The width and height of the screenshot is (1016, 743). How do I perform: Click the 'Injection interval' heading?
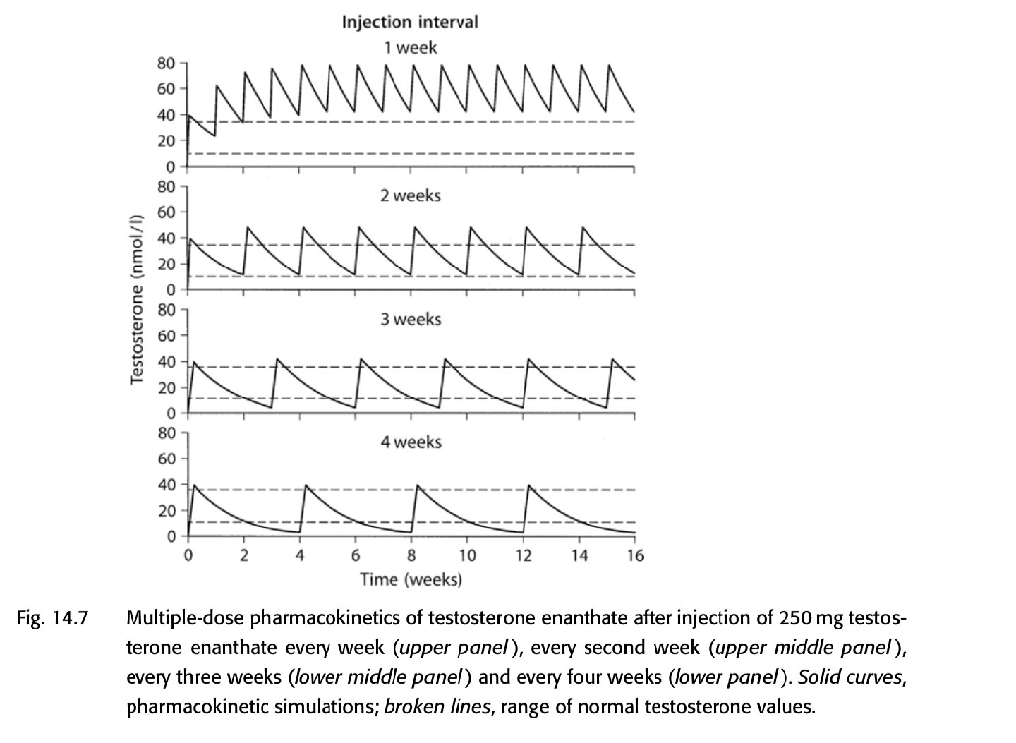tap(409, 22)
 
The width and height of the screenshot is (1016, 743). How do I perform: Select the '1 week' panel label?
tap(410, 48)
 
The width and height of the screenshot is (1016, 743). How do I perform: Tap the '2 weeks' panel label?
tap(410, 195)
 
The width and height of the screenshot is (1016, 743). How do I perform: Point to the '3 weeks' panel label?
tap(410, 319)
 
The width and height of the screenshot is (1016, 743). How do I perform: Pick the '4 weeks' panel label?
tap(410, 442)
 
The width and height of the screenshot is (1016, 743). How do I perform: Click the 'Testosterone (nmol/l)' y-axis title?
tap(138, 299)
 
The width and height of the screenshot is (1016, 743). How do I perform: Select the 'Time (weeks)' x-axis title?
tap(411, 580)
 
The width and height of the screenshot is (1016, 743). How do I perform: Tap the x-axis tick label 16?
tap(635, 556)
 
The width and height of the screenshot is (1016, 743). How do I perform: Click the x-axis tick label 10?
tap(467, 556)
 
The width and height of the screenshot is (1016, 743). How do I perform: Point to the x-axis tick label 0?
tap(188, 556)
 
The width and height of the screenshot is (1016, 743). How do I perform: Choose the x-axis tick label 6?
tap(356, 556)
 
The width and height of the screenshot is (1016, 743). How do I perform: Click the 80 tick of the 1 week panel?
tap(166, 64)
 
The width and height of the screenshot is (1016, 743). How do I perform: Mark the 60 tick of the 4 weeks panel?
tap(166, 459)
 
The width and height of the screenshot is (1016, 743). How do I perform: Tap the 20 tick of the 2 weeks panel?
tap(166, 264)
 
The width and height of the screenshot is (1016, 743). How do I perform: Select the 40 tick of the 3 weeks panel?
tap(166, 362)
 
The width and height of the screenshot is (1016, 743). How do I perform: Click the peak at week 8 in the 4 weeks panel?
tap(417, 485)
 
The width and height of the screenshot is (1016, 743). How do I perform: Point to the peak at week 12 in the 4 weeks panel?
tap(528, 485)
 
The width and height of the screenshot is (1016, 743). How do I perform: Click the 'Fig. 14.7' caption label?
tap(53, 619)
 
